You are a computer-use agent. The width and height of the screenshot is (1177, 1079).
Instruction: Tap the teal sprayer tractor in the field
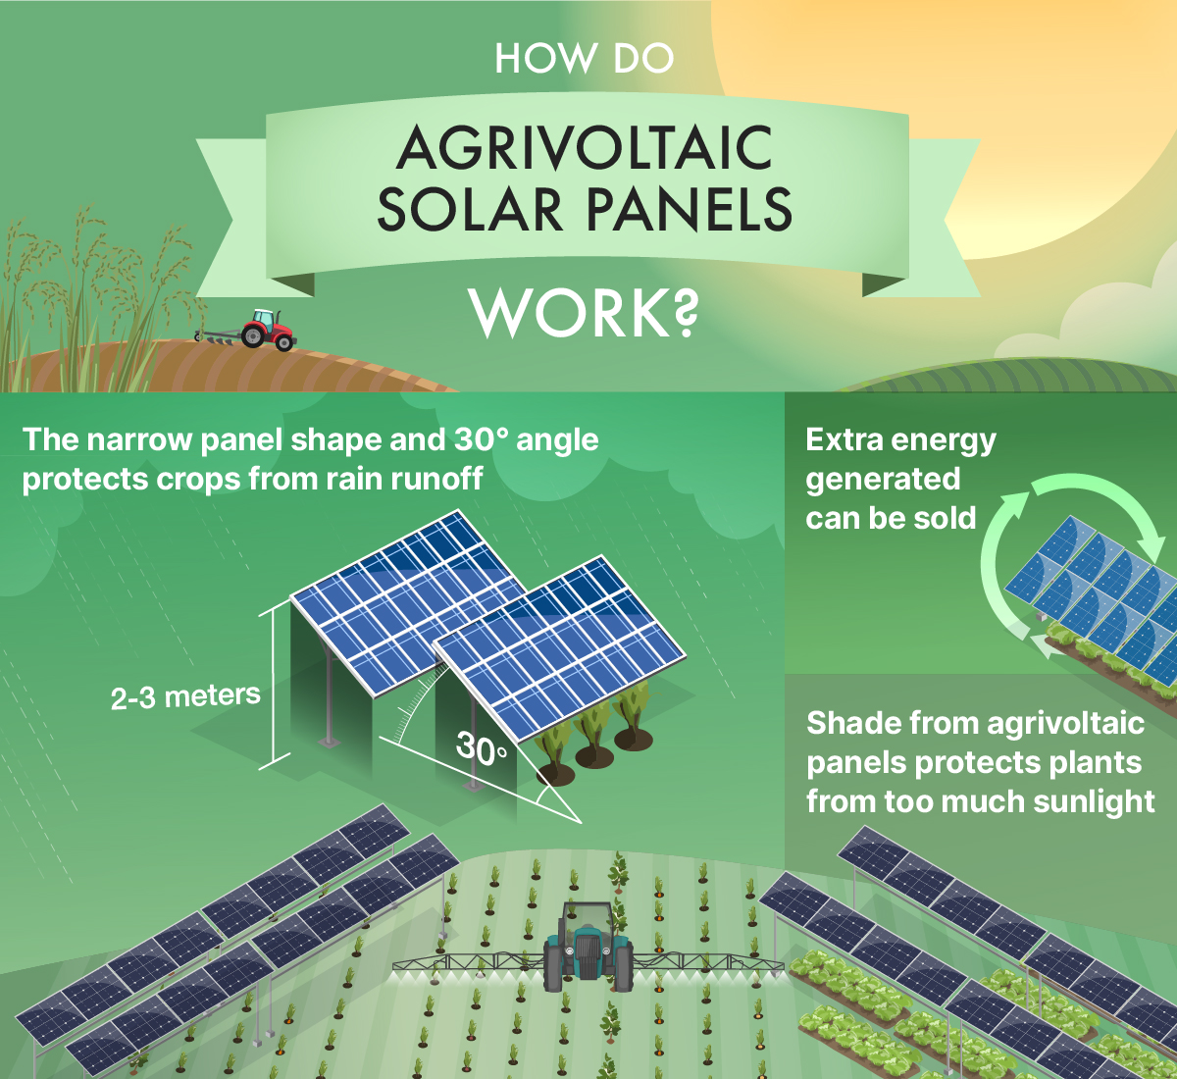[588, 947]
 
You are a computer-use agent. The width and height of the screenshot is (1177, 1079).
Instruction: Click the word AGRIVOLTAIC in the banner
[586, 149]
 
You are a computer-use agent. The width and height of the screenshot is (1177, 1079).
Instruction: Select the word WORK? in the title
[585, 314]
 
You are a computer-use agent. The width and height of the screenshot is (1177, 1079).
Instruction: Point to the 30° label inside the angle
[482, 749]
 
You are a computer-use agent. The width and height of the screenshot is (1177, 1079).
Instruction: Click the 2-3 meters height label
[185, 697]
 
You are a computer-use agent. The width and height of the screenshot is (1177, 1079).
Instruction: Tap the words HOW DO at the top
[585, 59]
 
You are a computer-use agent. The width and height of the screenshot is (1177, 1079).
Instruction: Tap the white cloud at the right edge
[1108, 324]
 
